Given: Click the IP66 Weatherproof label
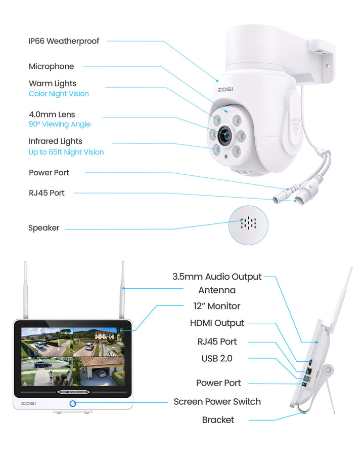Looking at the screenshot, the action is pyautogui.click(x=64, y=42).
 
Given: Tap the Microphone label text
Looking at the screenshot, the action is pyautogui.click(x=52, y=66).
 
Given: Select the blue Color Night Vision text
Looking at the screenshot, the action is pyautogui.click(x=59, y=94).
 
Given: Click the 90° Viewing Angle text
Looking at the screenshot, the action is pyautogui.click(x=60, y=124).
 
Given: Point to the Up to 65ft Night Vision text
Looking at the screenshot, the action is pyautogui.click(x=66, y=152).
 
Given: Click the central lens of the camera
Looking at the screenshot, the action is pyautogui.click(x=225, y=135).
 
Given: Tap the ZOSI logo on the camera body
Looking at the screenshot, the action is pyautogui.click(x=225, y=89).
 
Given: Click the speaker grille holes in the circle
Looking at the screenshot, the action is pyautogui.click(x=248, y=223).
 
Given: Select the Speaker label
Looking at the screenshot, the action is pyautogui.click(x=44, y=227).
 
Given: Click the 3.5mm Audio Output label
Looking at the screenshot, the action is pyautogui.click(x=217, y=277).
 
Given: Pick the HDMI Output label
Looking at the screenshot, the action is pyautogui.click(x=217, y=323).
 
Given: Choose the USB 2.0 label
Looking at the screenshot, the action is pyautogui.click(x=217, y=359).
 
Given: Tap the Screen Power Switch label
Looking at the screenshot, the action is pyautogui.click(x=217, y=402).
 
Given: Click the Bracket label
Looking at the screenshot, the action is pyautogui.click(x=218, y=420).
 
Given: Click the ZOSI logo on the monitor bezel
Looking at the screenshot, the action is pyautogui.click(x=28, y=404).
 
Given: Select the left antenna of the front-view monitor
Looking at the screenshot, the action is pyautogui.click(x=26, y=290).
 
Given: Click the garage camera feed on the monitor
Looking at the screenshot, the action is pyautogui.click(x=99, y=371).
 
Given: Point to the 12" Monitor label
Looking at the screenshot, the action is pyautogui.click(x=217, y=306).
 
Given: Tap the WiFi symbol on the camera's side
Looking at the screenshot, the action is pyautogui.click(x=295, y=126).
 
